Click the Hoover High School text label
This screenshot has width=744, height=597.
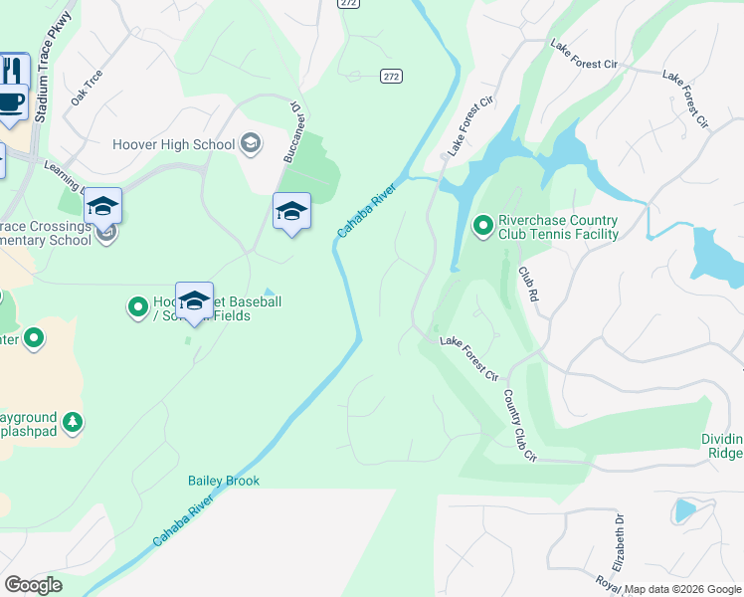pos(174,144)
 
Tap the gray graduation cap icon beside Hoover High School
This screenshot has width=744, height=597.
pos(251,143)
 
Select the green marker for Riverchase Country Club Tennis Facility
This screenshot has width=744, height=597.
pos(482,227)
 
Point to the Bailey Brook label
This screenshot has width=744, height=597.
pos(224,481)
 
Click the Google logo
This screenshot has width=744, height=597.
pos(33,585)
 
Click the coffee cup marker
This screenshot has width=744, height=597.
pos(10,101)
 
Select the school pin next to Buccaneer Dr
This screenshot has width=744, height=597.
pos(291,211)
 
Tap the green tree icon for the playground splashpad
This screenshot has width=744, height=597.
pos(72,423)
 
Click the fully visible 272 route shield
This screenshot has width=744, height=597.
pos(390,76)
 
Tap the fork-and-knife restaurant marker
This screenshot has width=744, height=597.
pos(13,70)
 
